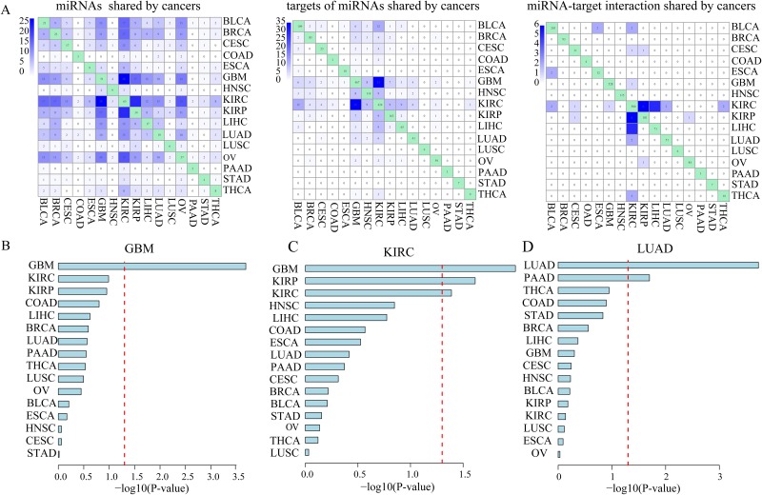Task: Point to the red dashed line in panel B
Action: point(125,362)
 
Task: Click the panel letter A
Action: point(9,9)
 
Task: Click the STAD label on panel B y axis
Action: point(45,454)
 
